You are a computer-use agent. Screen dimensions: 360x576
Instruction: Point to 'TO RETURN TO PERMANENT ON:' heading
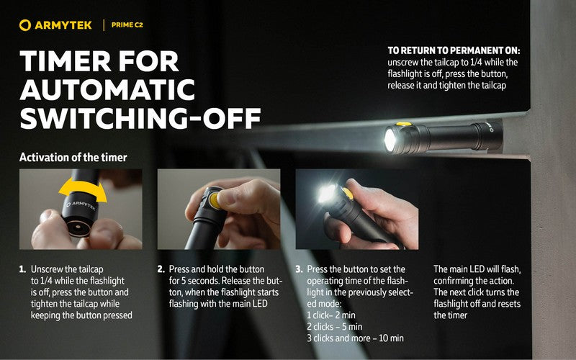pyautogui.click(x=454, y=51)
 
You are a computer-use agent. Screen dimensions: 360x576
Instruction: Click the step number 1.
pyautogui.click(x=22, y=269)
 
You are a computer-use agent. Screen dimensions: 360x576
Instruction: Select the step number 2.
pyautogui.click(x=161, y=269)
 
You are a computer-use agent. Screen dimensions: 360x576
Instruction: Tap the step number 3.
pyautogui.click(x=299, y=269)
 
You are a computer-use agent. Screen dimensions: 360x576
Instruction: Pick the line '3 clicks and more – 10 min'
pyautogui.click(x=355, y=338)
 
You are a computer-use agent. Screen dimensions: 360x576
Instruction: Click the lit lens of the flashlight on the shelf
pyautogui.click(x=390, y=140)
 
